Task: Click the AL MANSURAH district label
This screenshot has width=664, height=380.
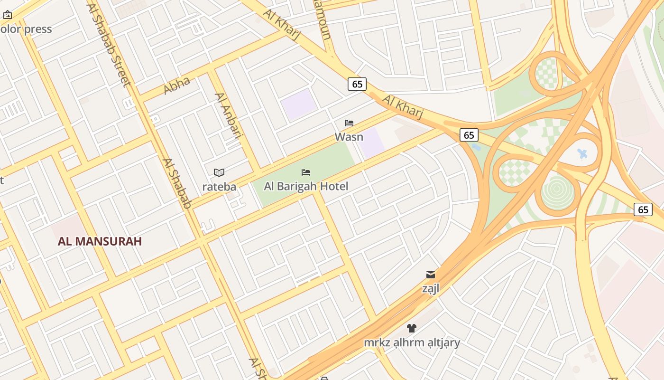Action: tap(100, 241)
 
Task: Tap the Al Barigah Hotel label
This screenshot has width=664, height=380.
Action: tap(306, 186)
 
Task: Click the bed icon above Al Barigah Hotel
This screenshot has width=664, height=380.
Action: tap(306, 172)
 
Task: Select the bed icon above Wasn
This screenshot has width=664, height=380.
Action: tap(349, 123)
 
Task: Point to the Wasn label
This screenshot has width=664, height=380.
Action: tap(349, 137)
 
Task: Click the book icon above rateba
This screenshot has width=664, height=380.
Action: tap(219, 172)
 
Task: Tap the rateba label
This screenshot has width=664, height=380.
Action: tap(219, 187)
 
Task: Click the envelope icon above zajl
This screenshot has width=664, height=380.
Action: tap(431, 274)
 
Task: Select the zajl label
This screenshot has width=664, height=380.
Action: tap(431, 288)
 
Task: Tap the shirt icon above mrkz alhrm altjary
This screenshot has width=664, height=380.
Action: tap(412, 328)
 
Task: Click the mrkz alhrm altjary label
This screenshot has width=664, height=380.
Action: tap(412, 342)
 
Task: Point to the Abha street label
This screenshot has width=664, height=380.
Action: tap(177, 85)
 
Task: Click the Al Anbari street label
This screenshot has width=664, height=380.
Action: tap(229, 115)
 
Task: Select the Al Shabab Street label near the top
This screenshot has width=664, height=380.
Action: tap(109, 45)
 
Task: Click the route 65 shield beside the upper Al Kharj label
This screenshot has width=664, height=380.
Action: tap(357, 84)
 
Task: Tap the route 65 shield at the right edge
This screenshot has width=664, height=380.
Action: tap(643, 209)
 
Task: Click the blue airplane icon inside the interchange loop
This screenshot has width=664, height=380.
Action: tap(583, 154)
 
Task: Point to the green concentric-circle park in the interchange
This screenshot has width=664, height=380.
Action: tap(558, 193)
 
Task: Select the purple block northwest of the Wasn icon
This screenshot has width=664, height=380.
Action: tap(298, 104)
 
